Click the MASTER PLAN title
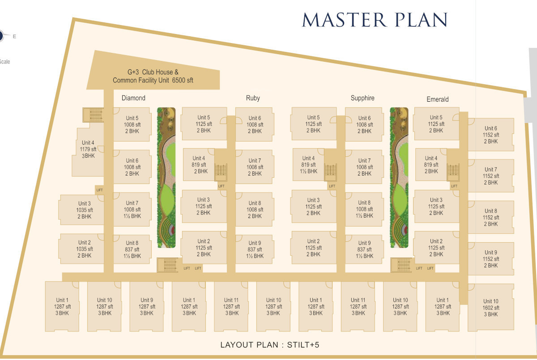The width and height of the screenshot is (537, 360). [x=375, y=20]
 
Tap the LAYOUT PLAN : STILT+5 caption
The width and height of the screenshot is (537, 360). [x=269, y=345]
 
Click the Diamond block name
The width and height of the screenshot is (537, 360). [x=133, y=98]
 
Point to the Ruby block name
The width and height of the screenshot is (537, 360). [x=253, y=98]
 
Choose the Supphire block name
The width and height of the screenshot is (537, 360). [x=362, y=98]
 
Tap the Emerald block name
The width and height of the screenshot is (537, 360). [x=438, y=99]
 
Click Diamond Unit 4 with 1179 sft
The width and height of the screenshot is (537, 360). [x=88, y=150]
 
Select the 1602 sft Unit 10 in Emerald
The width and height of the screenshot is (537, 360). [x=490, y=308]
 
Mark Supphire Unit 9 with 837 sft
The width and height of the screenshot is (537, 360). [x=364, y=249]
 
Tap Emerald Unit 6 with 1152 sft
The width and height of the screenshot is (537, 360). [x=490, y=135]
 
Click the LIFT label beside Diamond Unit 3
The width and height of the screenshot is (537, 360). [x=99, y=190]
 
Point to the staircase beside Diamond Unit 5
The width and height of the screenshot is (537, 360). [x=93, y=115]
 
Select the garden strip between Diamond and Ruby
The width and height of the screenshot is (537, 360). [x=166, y=178]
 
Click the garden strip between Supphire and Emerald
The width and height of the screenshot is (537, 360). [x=399, y=178]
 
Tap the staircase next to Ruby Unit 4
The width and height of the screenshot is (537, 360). [x=221, y=170]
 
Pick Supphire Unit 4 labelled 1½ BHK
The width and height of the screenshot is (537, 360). [x=308, y=164]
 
